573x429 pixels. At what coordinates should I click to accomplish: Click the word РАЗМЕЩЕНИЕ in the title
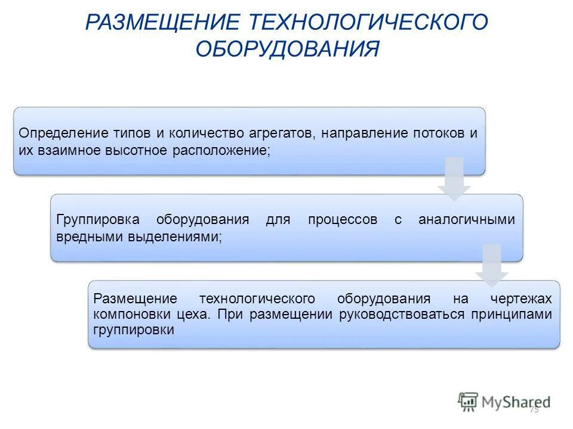(163, 23)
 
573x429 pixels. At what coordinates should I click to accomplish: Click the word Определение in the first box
(56, 133)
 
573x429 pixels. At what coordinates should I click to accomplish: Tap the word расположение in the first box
(222, 150)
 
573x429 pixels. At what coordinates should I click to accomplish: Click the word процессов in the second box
(343, 219)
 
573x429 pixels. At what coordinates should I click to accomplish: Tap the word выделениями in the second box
(173, 237)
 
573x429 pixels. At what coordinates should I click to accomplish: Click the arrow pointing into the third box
(491, 265)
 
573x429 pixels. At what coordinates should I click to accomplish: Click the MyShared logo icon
(468, 402)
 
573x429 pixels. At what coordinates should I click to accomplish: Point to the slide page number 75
(534, 409)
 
